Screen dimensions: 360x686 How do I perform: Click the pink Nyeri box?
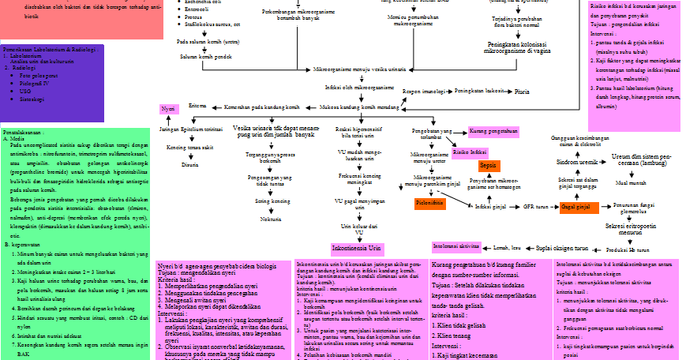point(167,108)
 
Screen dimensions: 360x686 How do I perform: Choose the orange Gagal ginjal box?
point(575,207)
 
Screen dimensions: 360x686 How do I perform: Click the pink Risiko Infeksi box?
point(470,152)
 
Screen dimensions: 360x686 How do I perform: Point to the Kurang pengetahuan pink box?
point(493,131)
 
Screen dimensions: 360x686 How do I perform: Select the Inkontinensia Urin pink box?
point(358,247)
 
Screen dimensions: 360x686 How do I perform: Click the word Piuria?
point(522,92)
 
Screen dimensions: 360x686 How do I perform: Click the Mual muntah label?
point(632,182)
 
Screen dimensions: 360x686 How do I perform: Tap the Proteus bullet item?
point(194,17)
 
